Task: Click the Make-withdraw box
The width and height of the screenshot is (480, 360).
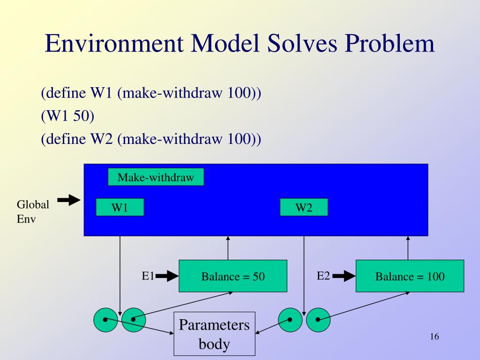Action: tap(156, 177)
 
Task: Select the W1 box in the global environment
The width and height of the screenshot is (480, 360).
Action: tap(120, 207)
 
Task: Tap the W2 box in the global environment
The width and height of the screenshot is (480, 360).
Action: tap(304, 207)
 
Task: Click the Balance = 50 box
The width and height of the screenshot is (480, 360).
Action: tap(233, 276)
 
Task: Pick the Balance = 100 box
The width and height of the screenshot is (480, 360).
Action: tap(410, 276)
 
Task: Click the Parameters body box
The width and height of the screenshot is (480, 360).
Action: tap(214, 334)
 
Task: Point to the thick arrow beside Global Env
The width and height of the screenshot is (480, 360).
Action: tap(69, 200)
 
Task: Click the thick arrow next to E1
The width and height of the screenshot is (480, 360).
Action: tap(167, 276)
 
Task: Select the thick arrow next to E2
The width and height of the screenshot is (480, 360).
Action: tap(344, 276)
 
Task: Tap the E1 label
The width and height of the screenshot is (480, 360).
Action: tap(148, 276)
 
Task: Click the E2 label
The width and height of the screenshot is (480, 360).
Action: tap(323, 276)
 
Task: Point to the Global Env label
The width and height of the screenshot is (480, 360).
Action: tap(33, 211)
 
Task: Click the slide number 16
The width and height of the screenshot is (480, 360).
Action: tap(435, 337)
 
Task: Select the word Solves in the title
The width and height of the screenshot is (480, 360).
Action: tap(302, 43)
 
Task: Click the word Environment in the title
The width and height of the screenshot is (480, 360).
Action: tap(114, 43)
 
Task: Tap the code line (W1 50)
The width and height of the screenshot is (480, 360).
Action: tap(67, 116)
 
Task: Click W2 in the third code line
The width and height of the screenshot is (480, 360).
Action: tap(102, 139)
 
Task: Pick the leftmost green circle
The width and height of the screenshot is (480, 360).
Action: tap(105, 320)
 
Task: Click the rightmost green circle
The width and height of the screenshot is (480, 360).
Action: tap(318, 320)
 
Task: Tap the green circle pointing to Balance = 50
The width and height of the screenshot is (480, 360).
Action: tap(134, 320)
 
